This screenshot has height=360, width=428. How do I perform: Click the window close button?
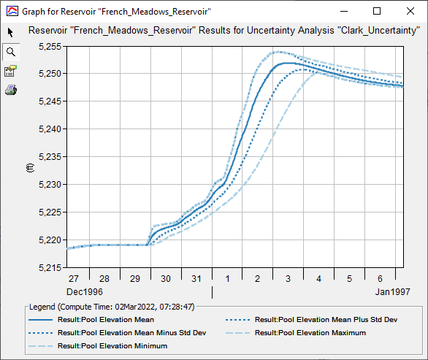410,11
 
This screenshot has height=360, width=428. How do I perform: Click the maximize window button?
377,11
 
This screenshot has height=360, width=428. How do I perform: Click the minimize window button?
344,11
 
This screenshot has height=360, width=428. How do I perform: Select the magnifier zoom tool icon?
10,52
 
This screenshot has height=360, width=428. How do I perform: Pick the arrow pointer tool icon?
10,33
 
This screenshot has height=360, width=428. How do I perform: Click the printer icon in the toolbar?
10,90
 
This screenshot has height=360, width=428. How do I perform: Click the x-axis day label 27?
74,280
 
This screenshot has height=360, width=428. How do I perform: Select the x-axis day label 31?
196,280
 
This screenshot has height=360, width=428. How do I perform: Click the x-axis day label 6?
380,280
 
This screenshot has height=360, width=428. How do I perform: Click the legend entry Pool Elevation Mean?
111,320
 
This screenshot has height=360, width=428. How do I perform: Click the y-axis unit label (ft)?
30,167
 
